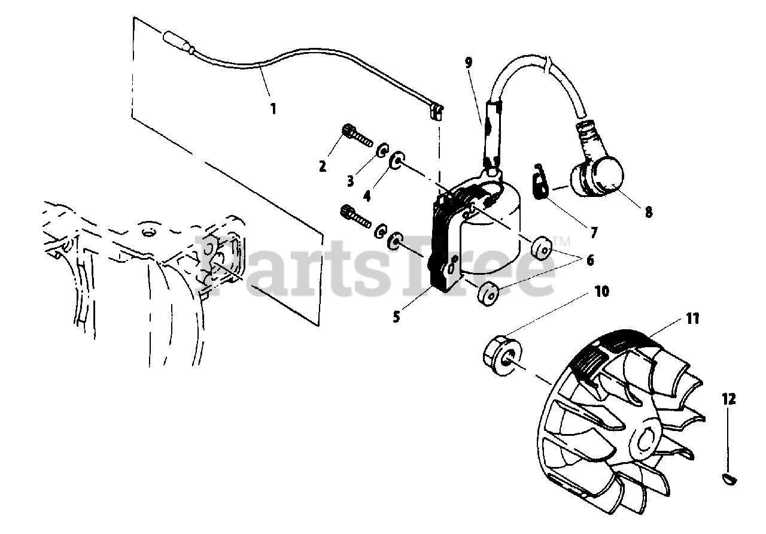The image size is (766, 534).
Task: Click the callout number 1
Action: point(273,109)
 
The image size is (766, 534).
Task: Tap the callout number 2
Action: point(322,166)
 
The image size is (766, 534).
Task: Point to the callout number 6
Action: point(590,260)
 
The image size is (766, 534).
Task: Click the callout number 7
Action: point(593,233)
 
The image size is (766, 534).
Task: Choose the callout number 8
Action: point(648,212)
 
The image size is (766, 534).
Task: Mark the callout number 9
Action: point(468,63)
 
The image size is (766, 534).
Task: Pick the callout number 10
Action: point(602,292)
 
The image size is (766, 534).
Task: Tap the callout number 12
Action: point(729,399)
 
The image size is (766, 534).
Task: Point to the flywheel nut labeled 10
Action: point(502,357)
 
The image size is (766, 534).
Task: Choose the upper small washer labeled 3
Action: point(382,150)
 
